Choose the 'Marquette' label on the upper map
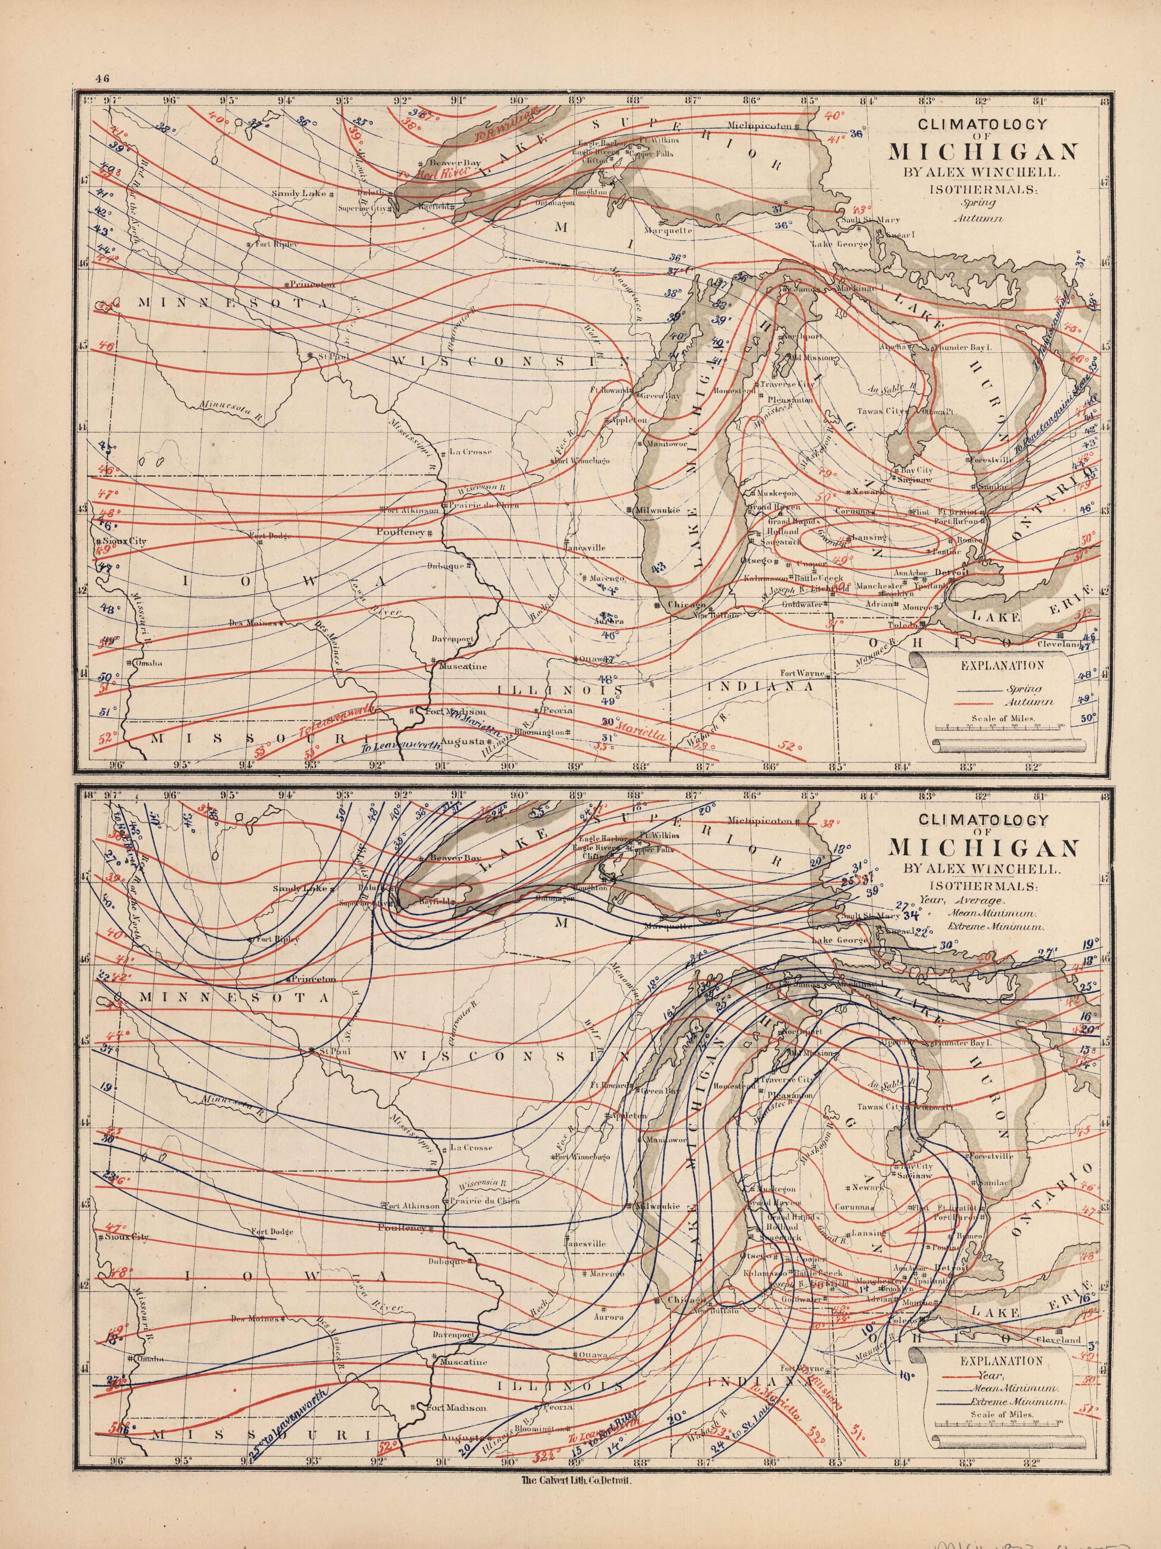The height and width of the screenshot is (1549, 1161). pos(670,231)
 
